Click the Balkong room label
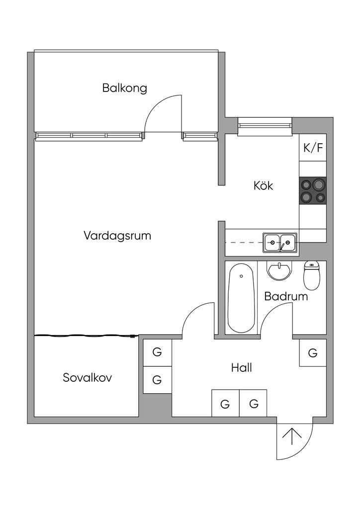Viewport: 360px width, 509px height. tap(125, 88)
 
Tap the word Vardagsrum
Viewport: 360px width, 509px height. tap(117, 235)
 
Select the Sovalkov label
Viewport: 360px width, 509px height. tap(88, 378)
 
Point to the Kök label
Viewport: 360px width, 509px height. tap(264, 186)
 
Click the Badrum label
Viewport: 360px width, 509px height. tap(286, 297)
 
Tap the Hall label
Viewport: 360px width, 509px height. tap(241, 368)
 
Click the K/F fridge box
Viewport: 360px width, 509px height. tap(313, 148)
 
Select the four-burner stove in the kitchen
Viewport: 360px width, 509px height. tap(313, 191)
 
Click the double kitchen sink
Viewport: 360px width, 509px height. tap(280, 242)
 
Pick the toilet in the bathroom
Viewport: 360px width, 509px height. tap(311, 275)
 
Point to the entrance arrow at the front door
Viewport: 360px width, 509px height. tap(292, 437)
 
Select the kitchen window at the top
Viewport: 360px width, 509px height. tap(264, 127)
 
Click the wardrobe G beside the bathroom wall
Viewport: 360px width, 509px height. tap(313, 353)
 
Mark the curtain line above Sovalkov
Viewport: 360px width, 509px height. tap(85, 337)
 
